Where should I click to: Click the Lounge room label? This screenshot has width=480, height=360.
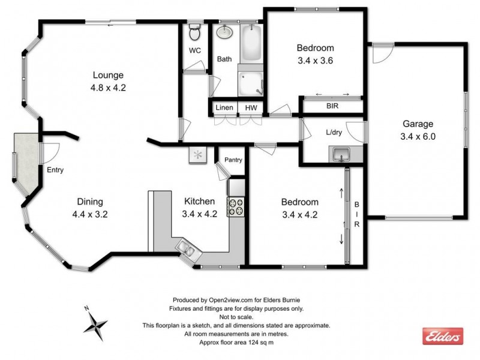click(x=108, y=76)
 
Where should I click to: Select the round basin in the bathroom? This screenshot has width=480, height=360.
click(x=225, y=32)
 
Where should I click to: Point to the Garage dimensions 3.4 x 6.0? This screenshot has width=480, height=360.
click(x=418, y=136)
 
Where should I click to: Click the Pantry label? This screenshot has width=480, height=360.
click(x=233, y=160)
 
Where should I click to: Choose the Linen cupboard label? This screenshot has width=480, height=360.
click(x=224, y=107)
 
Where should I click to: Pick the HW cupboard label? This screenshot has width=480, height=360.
click(x=250, y=107)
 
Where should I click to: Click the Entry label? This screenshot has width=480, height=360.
click(x=55, y=170)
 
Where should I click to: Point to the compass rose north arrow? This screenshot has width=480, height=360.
click(x=95, y=325)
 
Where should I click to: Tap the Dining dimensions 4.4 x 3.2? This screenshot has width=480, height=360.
click(x=90, y=213)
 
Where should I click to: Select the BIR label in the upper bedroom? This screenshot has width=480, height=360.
click(x=332, y=106)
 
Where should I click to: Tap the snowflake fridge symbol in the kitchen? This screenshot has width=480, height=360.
click(x=197, y=155)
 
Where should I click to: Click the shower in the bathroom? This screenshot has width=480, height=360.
click(x=250, y=83)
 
